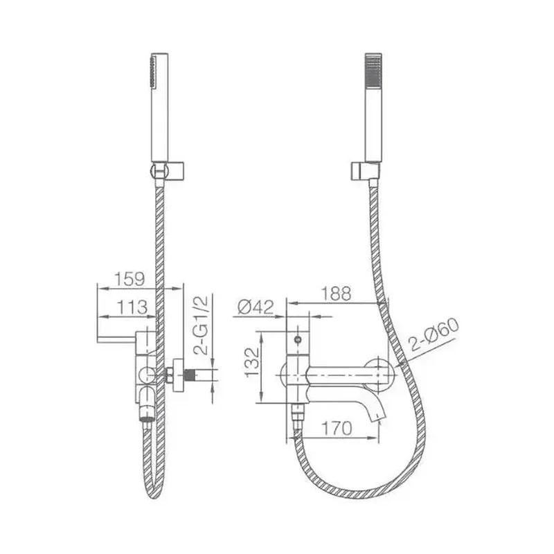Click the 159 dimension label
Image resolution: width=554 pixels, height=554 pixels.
pyautogui.click(x=129, y=279)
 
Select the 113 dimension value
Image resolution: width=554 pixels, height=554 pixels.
pyautogui.click(x=132, y=307)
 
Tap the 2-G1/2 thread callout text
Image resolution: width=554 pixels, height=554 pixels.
pyautogui.click(x=201, y=325)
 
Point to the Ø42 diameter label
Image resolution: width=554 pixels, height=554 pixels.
pyautogui.click(x=256, y=307)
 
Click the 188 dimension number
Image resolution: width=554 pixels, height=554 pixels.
pyautogui.click(x=336, y=294)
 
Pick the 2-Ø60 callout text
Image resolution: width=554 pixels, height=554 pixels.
pyautogui.click(x=434, y=334)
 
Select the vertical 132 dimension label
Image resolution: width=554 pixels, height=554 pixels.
pyautogui.click(x=252, y=362)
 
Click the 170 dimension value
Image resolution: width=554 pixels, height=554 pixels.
pyautogui.click(x=337, y=428)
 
